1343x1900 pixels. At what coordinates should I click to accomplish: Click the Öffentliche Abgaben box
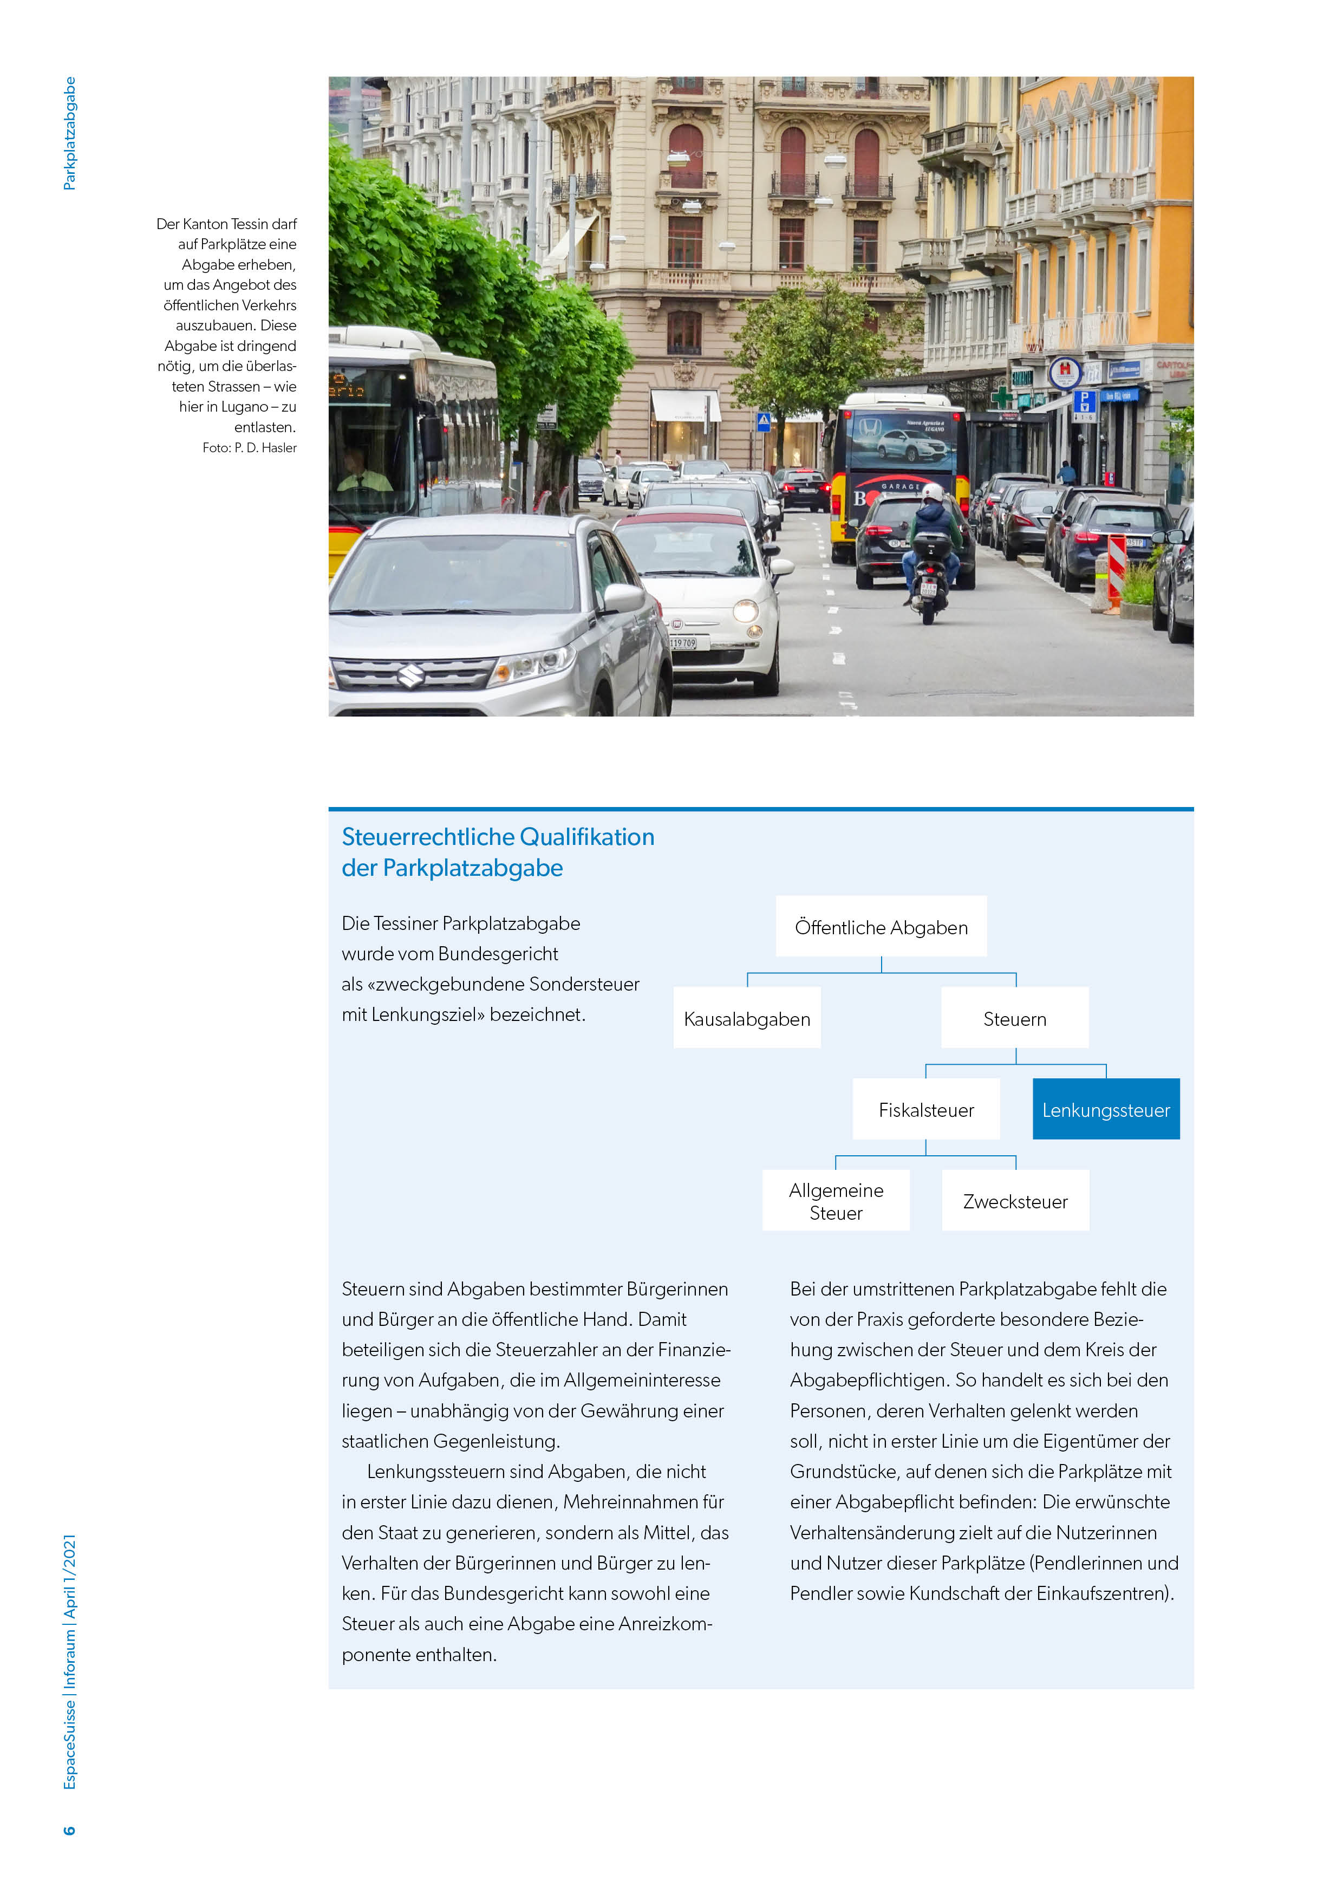[x=881, y=927]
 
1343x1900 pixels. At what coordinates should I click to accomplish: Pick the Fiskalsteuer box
[x=926, y=1110]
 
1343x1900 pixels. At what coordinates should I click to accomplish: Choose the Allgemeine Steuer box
[x=836, y=1201]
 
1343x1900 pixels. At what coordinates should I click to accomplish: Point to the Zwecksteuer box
[x=1015, y=1201]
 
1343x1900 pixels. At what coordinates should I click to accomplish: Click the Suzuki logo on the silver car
[x=411, y=676]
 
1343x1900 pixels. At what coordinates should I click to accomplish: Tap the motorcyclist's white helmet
[x=933, y=494]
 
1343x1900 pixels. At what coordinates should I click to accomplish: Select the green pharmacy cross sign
[x=1002, y=397]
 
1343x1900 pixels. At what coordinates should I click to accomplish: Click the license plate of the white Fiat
[x=683, y=643]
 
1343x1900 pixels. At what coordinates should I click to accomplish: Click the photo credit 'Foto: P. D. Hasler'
[x=249, y=448]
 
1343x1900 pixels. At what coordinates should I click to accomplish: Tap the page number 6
[x=69, y=1830]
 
